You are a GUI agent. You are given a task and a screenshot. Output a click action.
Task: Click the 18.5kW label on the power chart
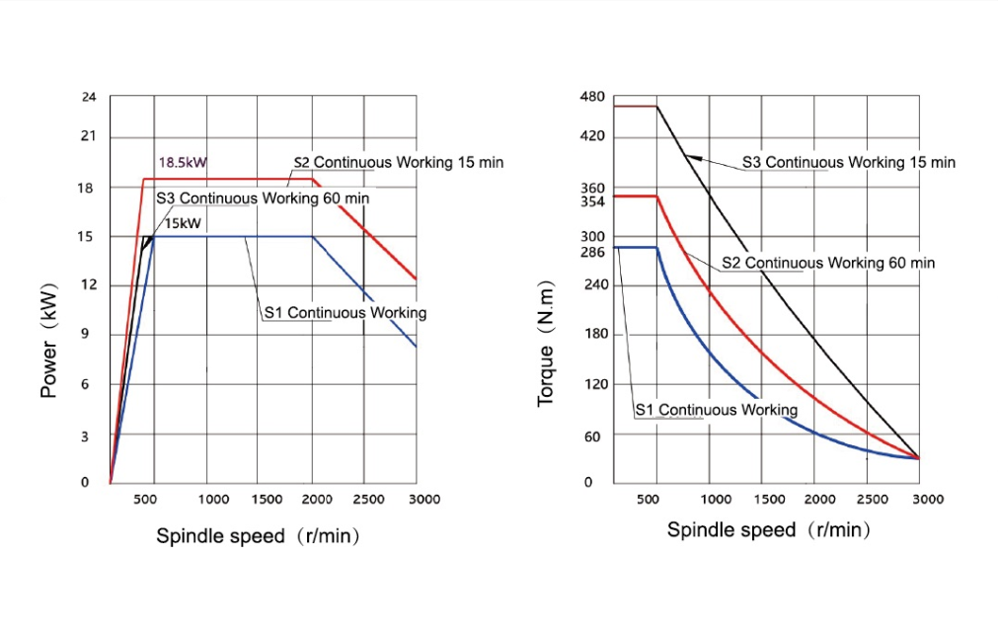(x=183, y=162)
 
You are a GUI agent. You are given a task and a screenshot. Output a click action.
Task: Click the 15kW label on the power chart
(x=183, y=223)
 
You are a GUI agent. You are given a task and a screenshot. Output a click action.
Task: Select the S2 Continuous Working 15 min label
(x=399, y=162)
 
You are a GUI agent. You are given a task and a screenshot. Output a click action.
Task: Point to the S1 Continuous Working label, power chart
(x=345, y=313)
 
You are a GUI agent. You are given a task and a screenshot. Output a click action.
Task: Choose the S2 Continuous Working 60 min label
(x=828, y=263)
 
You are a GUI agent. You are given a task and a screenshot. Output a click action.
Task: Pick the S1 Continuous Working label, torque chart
(x=716, y=410)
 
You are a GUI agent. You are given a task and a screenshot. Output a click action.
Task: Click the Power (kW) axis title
(x=48, y=341)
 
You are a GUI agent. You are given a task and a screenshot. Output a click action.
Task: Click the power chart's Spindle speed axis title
(x=258, y=536)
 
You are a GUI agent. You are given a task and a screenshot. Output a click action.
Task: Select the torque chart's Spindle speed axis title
(x=769, y=530)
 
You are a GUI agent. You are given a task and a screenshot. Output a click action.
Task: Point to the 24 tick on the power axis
(x=90, y=97)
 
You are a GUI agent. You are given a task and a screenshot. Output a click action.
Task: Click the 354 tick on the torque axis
(x=592, y=201)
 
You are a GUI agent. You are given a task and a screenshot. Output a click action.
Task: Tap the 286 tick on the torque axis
(x=592, y=252)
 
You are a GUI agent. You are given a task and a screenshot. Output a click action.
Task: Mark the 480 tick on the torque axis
(x=592, y=97)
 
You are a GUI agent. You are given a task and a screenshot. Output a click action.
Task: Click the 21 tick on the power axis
(x=90, y=136)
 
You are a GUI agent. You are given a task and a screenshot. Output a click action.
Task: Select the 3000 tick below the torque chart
(x=927, y=500)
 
